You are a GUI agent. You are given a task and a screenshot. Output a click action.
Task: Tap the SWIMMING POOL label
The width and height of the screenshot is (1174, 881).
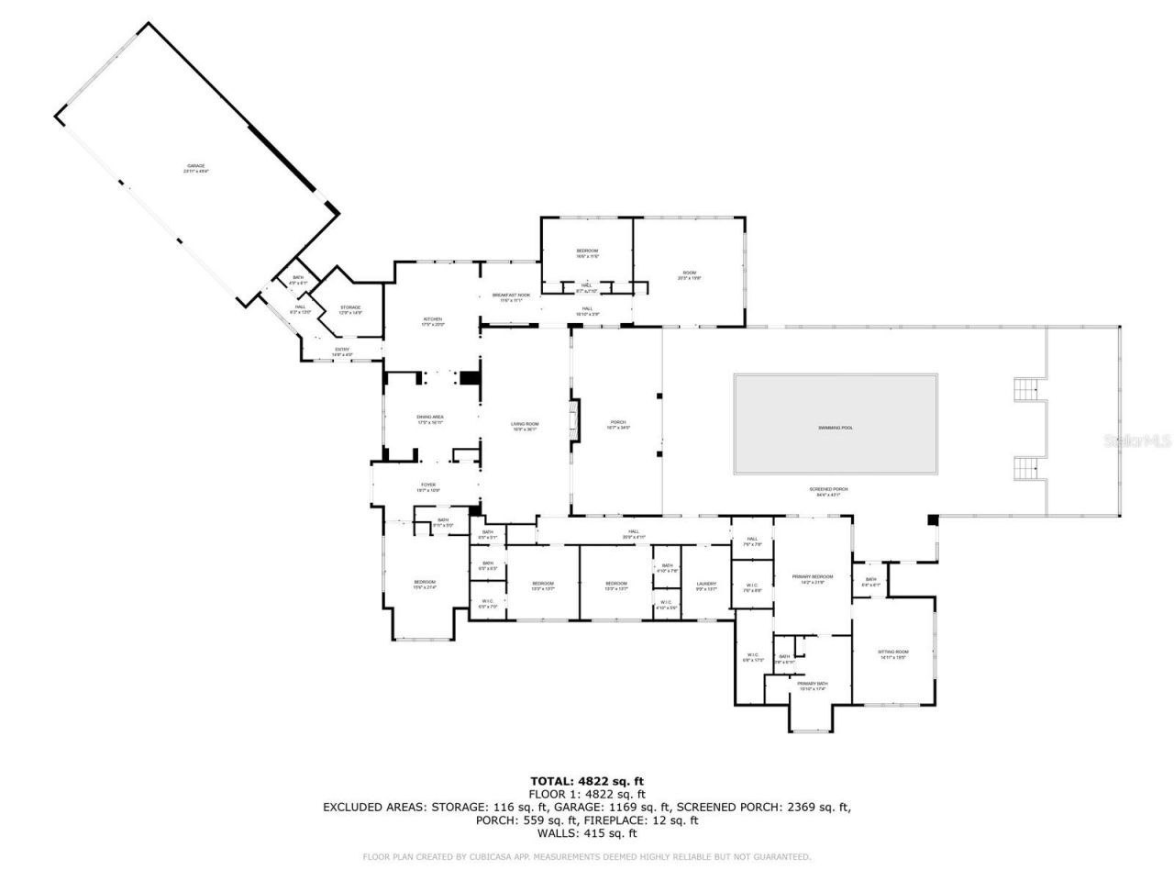pos(836,428)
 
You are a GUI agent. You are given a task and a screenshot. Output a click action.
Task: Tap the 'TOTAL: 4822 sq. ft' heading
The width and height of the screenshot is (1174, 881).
pos(587,781)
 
